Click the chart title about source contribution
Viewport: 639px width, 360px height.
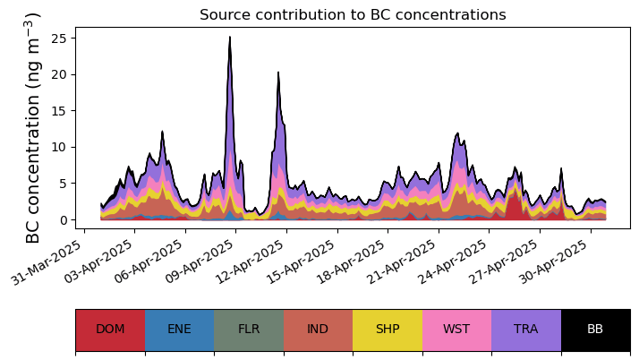click(353, 15)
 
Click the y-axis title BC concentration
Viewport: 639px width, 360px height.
click(33, 128)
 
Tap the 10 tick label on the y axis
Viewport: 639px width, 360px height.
click(60, 147)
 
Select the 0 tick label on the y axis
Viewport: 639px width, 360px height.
click(64, 219)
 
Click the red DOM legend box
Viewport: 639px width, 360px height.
click(110, 330)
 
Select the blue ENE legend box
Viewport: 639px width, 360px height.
click(179, 330)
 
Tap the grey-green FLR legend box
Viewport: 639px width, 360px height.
click(249, 330)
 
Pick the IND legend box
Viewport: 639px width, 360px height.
click(318, 330)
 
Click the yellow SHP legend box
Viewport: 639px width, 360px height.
click(388, 330)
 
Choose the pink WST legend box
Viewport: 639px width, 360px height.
click(456, 330)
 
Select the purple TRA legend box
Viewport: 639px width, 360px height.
click(526, 330)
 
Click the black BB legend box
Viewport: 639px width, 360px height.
click(595, 330)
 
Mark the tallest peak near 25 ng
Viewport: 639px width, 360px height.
click(230, 39)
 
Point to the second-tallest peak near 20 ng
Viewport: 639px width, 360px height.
click(278, 73)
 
